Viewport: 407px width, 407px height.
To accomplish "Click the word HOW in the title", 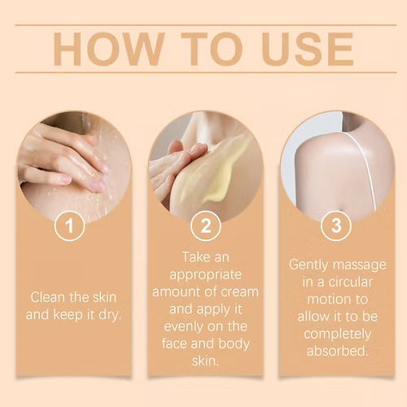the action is click(x=109, y=49).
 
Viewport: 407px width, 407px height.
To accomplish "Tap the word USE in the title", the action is click(x=308, y=49).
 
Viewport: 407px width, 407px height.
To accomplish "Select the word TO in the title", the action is click(x=212, y=49).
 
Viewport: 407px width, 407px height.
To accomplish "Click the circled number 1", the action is click(x=70, y=225).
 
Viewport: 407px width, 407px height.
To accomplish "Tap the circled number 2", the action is click(x=206, y=225).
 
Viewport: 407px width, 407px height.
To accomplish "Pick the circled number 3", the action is click(x=336, y=225).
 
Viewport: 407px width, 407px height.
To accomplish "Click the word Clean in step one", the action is click(x=48, y=297).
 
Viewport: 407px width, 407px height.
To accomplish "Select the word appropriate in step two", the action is click(x=205, y=276).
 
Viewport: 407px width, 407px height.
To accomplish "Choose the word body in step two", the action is click(x=234, y=344).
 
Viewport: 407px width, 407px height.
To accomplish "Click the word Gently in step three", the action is click(x=309, y=265).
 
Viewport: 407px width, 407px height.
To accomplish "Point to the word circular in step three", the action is click(x=350, y=282).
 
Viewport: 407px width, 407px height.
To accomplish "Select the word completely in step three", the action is click(x=337, y=335).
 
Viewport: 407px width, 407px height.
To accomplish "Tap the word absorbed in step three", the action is click(x=337, y=351).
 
